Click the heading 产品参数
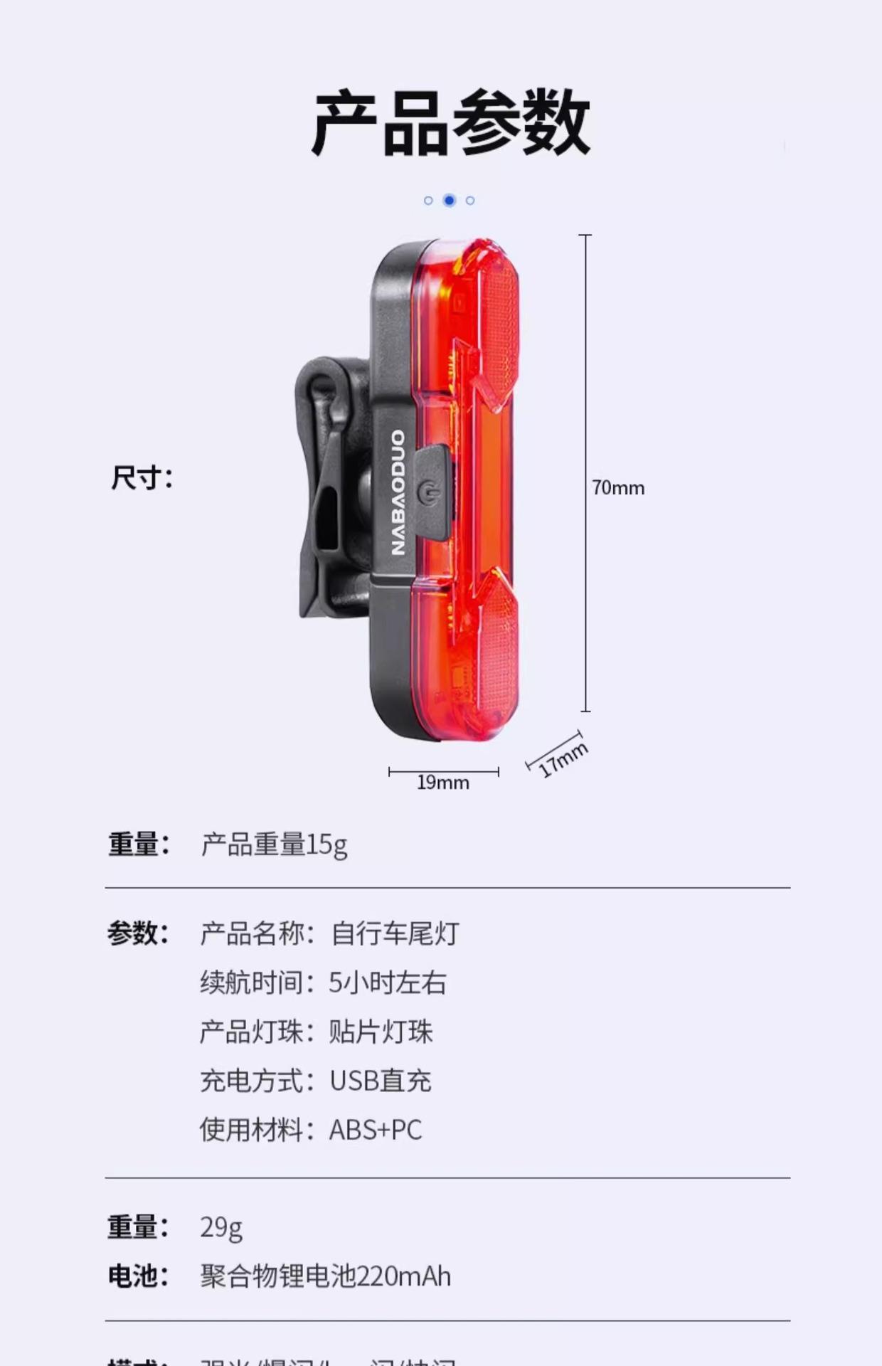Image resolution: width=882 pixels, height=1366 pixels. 450,122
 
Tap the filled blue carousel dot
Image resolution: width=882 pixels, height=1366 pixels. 449,201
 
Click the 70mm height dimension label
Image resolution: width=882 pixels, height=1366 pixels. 618,488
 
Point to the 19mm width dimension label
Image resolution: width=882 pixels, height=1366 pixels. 442,783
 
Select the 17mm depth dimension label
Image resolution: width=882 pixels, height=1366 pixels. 563,760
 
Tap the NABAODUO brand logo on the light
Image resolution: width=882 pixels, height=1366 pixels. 398,492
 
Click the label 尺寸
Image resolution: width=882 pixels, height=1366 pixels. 142,477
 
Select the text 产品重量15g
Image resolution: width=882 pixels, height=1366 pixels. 274,845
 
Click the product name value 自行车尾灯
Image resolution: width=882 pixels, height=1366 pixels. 395,933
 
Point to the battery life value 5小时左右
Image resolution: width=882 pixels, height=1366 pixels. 388,983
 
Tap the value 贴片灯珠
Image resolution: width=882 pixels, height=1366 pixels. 381,1032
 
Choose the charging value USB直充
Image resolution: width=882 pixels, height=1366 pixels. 381,1081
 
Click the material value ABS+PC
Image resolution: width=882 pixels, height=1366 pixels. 376,1130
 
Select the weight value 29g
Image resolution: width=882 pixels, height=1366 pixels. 221,1228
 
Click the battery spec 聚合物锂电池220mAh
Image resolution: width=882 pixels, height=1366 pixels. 325,1276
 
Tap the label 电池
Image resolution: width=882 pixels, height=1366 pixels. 138,1276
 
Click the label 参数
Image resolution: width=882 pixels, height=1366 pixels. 138,933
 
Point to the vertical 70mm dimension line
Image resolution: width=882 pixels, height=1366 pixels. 585,356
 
